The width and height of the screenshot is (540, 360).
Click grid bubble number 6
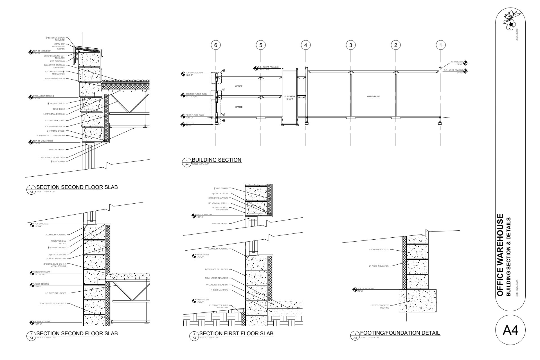(216, 45)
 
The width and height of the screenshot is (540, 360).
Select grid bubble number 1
(441, 45)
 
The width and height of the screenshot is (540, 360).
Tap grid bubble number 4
(306, 45)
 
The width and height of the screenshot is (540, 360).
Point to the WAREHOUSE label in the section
(373, 96)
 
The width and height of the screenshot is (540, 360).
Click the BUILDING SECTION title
(216, 160)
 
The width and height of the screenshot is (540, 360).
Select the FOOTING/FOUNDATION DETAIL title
(400, 333)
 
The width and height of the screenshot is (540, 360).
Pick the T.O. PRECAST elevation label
(456, 62)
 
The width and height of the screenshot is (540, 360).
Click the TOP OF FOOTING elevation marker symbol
(355, 289)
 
